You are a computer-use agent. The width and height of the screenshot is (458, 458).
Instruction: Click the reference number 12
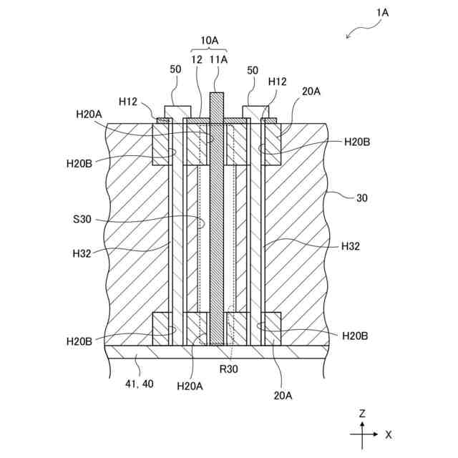[x=196, y=61]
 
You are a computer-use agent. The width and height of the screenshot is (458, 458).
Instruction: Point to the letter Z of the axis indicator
[x=363, y=414]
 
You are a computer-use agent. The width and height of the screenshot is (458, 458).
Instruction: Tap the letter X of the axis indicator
[x=388, y=434]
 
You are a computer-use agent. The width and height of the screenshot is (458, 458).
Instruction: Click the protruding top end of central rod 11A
[x=216, y=100]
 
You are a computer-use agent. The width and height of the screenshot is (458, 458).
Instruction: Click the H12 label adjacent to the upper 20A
[x=278, y=83]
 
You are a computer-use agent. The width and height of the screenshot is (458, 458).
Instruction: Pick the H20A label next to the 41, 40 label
[x=190, y=386]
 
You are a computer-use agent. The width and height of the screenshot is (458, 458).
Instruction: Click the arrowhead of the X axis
[x=376, y=434]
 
